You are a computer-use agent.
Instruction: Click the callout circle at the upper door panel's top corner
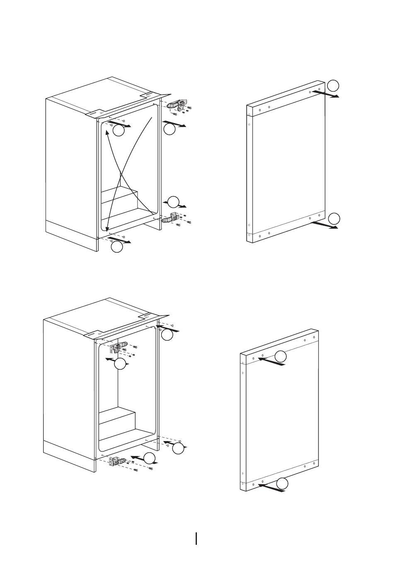(334, 85)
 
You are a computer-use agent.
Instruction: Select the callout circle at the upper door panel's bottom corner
(334, 218)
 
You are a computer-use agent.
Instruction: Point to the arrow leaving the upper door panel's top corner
(325, 94)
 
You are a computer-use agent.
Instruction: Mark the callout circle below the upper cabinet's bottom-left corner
(117, 247)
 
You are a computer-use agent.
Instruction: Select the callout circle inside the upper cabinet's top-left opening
(119, 131)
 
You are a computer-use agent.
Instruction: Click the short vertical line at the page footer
(197, 539)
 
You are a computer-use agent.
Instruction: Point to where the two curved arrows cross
(120, 173)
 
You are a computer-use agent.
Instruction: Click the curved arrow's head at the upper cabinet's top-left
(107, 132)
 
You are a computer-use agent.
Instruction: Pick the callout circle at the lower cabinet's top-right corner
(167, 335)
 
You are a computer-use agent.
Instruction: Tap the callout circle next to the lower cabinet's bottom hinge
(149, 458)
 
